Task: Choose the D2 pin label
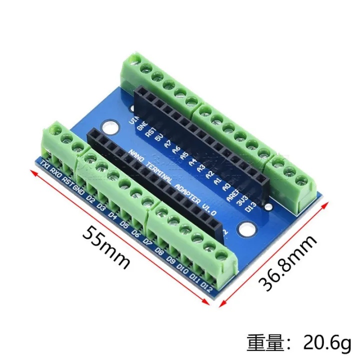[90, 199]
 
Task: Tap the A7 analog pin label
[166, 144]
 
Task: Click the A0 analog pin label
[226, 186]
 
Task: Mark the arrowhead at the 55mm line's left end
[33, 172]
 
